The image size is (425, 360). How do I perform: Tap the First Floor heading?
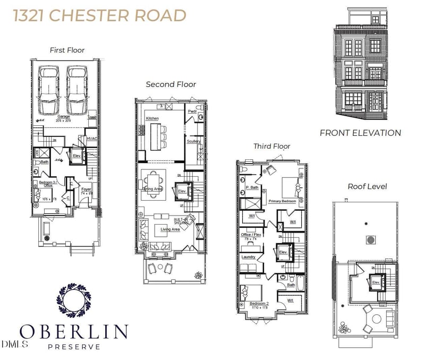coord(67,50)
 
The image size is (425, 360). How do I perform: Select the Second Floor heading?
coord(171,84)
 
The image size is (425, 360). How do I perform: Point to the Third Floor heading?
coord(271,146)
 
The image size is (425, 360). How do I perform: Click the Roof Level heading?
coord(367,186)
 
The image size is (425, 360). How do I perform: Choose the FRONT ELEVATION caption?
coord(360,133)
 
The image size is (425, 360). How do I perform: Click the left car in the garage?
coord(49,90)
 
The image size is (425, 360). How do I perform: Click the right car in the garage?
coord(78,90)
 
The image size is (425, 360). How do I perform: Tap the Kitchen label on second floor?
coord(152,118)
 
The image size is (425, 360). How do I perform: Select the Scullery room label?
coord(193,142)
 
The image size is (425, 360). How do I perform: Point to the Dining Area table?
coord(153,184)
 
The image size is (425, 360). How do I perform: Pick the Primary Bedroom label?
coord(282,201)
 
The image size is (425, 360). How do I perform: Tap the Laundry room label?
coord(249,257)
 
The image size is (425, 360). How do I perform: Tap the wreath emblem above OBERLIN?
coord(74,300)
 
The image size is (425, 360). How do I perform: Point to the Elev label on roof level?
coord(376,282)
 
